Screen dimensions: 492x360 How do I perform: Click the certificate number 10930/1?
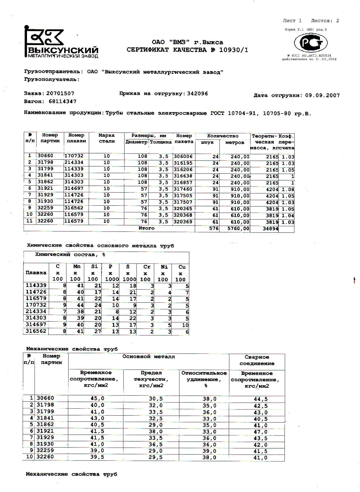234,50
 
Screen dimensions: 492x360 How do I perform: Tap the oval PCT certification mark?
311,43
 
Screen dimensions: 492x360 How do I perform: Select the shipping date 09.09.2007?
322,96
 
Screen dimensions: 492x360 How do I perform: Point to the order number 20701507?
60,94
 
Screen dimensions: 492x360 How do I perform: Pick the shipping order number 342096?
197,94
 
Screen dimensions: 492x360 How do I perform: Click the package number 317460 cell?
183,189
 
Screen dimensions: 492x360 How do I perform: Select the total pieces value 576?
214,229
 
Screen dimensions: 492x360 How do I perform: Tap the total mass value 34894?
270,229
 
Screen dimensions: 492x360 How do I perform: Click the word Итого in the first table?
146,228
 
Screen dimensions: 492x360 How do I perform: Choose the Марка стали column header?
107,138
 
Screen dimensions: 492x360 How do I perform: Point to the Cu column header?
182,267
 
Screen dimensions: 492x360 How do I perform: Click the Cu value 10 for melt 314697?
185,325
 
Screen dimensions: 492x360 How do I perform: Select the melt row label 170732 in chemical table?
36,305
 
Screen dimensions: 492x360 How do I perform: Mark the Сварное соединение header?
257,360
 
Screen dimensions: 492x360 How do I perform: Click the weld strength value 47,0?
260,432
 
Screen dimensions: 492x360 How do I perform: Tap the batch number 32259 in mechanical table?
45,450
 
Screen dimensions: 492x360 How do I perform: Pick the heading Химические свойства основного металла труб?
100,246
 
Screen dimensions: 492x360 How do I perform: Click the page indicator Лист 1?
292,21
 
